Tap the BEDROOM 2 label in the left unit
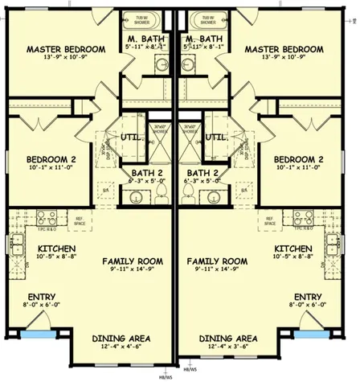[41, 159]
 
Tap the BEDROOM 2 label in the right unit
[299, 159]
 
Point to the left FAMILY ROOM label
[133, 261]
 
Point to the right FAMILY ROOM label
[217, 261]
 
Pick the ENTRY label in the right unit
[309, 295]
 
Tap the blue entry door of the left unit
[34, 331]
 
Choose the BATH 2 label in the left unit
[146, 172]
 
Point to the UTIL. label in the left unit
[133, 138]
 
